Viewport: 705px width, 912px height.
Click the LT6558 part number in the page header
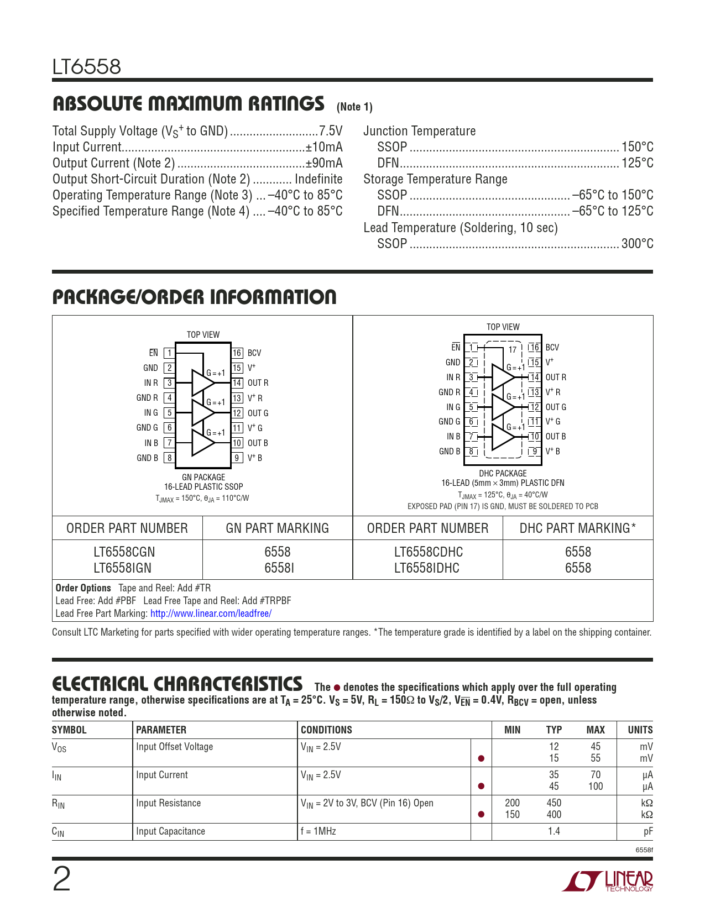[86, 67]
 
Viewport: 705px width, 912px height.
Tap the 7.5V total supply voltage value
[331, 131]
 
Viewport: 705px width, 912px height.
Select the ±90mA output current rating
[324, 163]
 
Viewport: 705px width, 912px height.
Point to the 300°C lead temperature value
[637, 244]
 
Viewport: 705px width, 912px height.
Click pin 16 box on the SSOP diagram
[237, 353]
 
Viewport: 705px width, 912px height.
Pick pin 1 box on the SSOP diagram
[169, 353]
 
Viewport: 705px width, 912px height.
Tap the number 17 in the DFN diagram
[513, 349]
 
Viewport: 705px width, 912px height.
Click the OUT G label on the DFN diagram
[556, 407]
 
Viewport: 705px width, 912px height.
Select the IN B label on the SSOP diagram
[151, 443]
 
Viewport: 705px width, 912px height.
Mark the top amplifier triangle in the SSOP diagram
[201, 382]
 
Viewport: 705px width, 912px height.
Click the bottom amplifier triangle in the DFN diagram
[502, 437]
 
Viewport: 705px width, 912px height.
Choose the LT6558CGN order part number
[124, 552]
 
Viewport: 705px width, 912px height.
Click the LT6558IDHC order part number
[427, 568]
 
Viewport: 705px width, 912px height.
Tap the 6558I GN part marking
[278, 568]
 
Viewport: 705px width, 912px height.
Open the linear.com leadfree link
[211, 614]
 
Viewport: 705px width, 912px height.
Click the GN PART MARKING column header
[277, 528]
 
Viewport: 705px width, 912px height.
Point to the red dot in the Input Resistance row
[481, 815]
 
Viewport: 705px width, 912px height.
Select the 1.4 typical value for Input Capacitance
[554, 831]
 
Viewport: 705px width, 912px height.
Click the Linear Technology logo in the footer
[608, 881]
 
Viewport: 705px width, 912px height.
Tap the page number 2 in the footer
[61, 880]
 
